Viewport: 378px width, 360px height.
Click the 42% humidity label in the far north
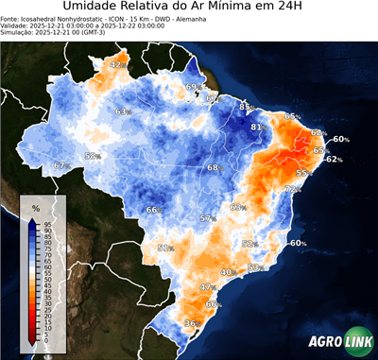coord(117,64)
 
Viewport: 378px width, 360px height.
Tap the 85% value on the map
coord(245,108)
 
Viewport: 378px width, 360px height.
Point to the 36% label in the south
coord(191,324)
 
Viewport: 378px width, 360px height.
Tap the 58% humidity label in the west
coord(93,156)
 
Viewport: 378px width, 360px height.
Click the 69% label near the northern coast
coord(192,87)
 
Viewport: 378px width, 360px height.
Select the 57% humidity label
coord(208,219)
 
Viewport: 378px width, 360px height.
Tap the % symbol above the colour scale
coord(35,207)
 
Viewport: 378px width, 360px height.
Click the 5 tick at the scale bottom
coord(43,335)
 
